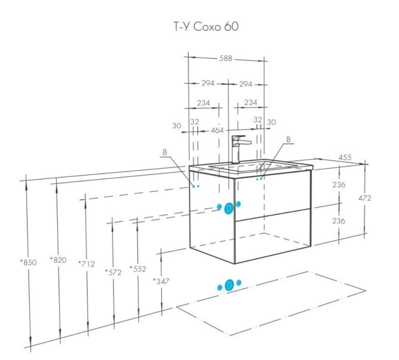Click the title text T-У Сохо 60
pos(206,27)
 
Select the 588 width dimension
pos(226,58)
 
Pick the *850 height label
pos(29,262)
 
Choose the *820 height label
pos(58,259)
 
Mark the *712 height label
pos(87,264)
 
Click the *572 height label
pos(113,272)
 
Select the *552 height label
pos(138,269)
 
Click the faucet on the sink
pos(237,149)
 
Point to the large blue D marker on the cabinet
pos(229,209)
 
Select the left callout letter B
pos(165,152)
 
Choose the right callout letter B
pos(289,139)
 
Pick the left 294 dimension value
pos(208,83)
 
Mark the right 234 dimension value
pos(251,103)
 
